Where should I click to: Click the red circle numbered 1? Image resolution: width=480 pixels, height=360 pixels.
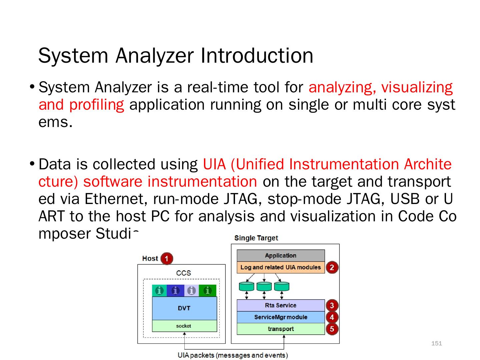point(167,259)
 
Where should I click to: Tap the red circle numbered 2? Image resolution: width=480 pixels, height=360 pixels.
point(332,267)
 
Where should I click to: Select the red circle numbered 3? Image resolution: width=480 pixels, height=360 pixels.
point(332,305)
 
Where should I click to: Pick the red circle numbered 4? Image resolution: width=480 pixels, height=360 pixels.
point(332,317)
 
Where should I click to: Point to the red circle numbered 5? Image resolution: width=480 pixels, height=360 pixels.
point(332,329)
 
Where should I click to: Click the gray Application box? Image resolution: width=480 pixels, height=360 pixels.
point(280,256)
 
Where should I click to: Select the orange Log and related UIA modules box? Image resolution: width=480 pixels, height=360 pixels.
point(280,267)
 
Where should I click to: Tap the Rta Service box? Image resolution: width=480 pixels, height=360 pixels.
point(280,305)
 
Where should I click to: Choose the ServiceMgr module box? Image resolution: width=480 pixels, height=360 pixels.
point(280,317)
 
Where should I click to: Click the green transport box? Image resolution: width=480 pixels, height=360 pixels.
point(280,329)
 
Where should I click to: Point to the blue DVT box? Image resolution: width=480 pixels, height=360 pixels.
point(184,308)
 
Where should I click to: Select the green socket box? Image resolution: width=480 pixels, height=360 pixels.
point(184,326)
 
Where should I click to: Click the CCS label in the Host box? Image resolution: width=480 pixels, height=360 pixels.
point(183,273)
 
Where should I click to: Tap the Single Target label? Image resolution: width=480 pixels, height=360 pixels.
point(256,238)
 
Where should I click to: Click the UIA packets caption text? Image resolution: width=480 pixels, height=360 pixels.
point(233,355)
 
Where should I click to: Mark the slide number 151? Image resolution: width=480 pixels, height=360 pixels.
point(437,343)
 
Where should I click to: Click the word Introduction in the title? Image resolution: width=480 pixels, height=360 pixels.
point(257,56)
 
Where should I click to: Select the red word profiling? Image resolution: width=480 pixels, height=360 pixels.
point(97,105)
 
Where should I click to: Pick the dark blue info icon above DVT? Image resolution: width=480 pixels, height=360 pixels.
point(175,291)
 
